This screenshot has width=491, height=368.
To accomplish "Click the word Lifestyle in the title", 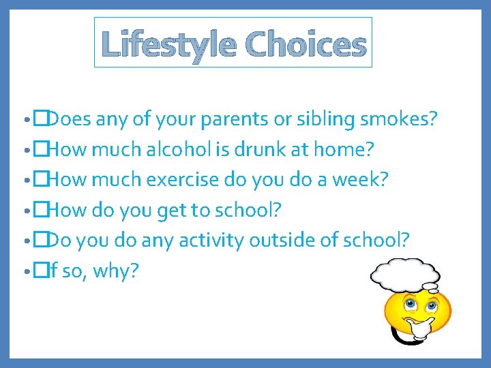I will point(168,45).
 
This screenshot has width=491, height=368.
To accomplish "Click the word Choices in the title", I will point(306,45).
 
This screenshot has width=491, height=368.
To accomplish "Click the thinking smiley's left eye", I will point(410,303).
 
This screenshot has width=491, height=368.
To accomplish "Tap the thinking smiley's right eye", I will point(431,302).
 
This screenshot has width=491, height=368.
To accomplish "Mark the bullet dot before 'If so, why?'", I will point(25,272).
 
